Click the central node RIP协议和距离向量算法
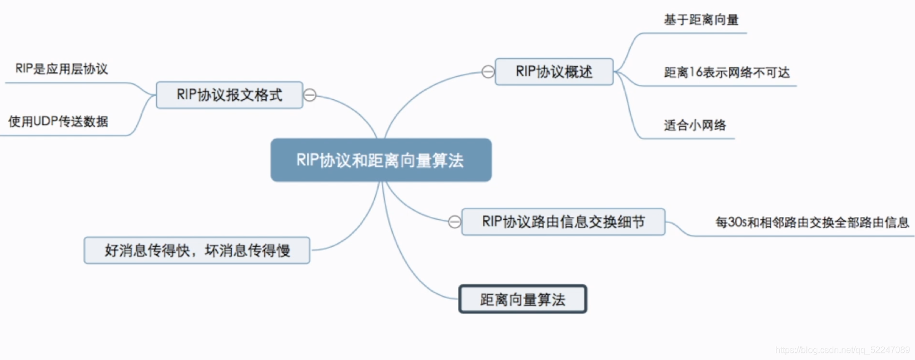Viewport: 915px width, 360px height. pos(381,160)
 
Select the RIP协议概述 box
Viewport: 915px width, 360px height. pos(554,72)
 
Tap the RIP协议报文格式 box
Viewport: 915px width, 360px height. pos(229,95)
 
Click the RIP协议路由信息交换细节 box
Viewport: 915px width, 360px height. pos(563,222)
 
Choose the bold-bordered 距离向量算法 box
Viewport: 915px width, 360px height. pos(523,299)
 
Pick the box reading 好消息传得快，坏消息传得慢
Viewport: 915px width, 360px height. pos(197,251)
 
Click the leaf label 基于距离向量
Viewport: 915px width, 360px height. pos(701,20)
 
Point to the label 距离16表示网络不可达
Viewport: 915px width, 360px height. pos(726,72)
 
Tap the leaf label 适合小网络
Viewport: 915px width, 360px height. pos(694,125)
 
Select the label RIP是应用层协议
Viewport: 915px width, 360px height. pos(61,69)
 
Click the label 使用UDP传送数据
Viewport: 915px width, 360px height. pos(58,121)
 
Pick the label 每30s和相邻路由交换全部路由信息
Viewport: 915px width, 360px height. pos(812,223)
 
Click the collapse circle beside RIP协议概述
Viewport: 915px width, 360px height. pos(488,72)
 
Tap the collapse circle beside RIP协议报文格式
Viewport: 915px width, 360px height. pos(310,95)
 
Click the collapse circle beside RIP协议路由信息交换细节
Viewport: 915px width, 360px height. pos(454,222)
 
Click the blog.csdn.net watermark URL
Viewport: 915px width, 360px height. pos(842,350)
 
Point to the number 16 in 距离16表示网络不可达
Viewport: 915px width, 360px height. pos(695,72)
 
